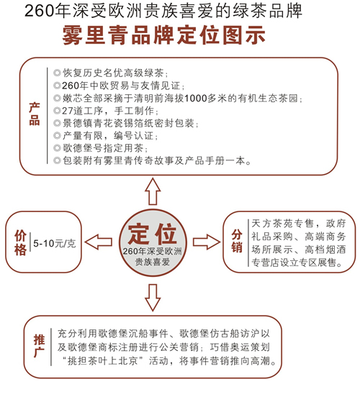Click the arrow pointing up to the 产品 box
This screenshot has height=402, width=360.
coord(153,192)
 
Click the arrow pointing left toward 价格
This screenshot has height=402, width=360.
coord(98,242)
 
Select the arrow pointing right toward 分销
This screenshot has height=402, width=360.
coord(207,242)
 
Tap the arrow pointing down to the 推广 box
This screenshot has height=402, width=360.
coord(153,298)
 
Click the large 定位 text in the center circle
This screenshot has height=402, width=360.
coord(153,234)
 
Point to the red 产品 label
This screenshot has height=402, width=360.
coord(34,114)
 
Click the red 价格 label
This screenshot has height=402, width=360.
coord(20,242)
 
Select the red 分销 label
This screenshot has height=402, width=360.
coord(237,241)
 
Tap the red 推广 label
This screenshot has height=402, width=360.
coord(39,346)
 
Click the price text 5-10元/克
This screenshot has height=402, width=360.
coord(55,243)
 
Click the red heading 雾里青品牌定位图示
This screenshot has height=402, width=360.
coord(163,35)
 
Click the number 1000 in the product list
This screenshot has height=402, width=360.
coord(196,99)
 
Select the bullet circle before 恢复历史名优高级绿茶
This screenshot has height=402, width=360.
coord(57,73)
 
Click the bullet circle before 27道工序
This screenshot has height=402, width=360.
coord(57,111)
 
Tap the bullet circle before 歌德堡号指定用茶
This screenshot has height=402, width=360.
coord(57,148)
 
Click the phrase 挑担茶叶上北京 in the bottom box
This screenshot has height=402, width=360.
coord(103,361)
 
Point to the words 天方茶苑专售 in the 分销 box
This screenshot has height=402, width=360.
coord(282,224)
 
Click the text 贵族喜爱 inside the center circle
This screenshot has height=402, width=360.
coord(153,262)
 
